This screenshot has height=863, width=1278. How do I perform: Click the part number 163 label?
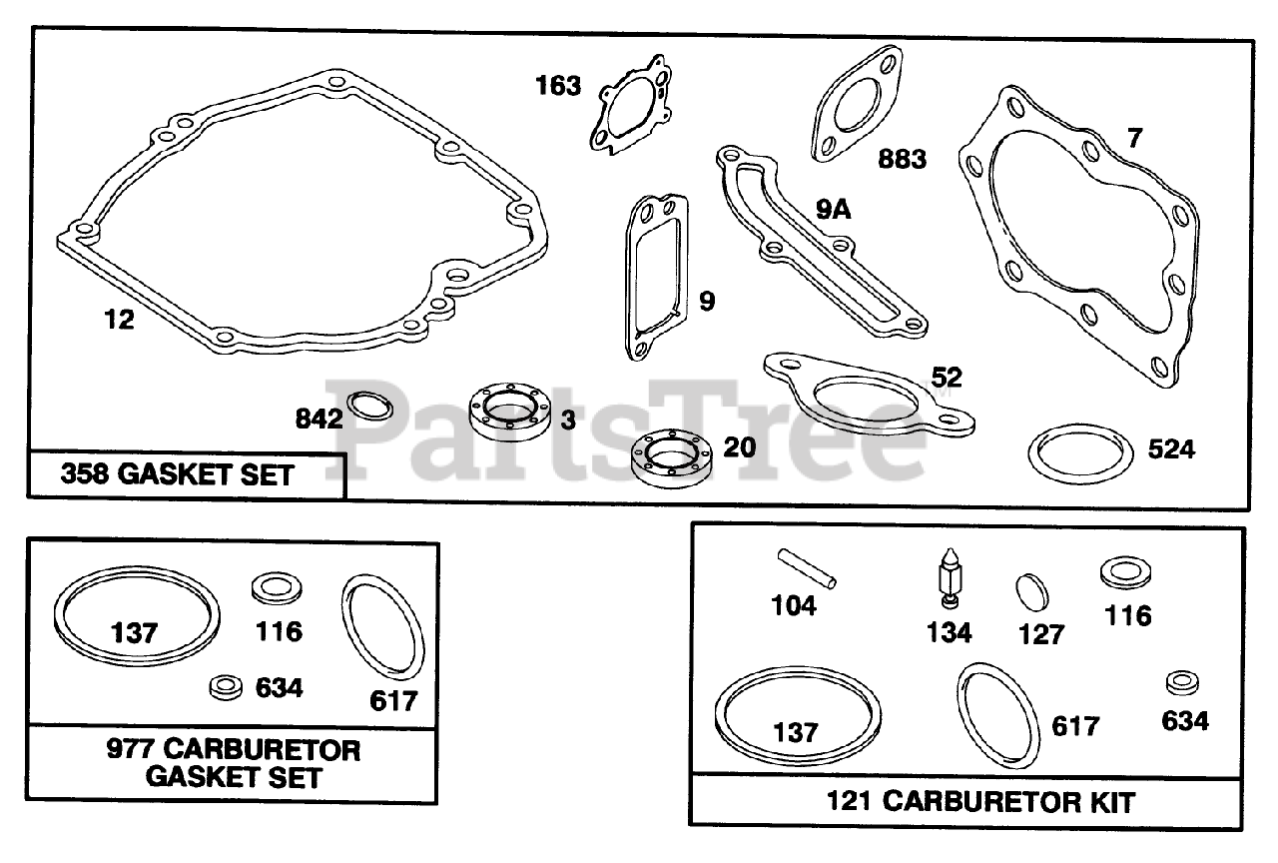coord(558,86)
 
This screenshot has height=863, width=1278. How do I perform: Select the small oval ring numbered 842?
coord(369,409)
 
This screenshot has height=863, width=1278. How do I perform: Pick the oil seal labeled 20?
coord(670,459)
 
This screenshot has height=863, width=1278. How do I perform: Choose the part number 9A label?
coord(834,209)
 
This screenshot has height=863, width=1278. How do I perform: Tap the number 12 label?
coord(119,320)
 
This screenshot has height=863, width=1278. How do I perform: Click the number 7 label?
coord(1133,139)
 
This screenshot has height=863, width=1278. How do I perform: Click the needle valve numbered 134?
coord(948,576)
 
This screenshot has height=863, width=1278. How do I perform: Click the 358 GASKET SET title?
coord(178,474)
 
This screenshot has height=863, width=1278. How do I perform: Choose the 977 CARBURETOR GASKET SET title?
coord(234,762)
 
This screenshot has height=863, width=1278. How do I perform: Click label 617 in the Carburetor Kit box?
coord(1074,726)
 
